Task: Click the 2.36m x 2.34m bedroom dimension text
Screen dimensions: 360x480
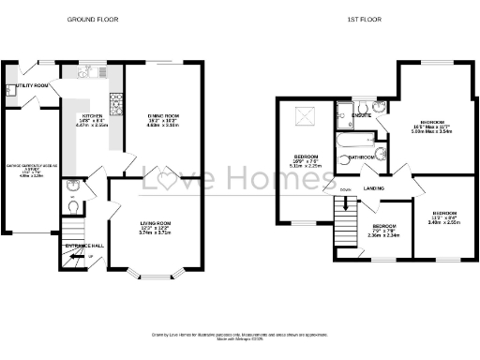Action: (x=385, y=235)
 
